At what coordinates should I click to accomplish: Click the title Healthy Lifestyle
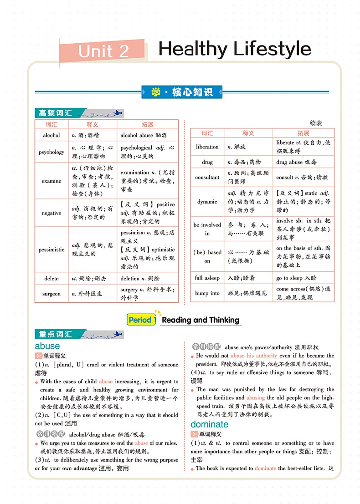pos(235,49)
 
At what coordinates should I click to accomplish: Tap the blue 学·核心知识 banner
pos(182,92)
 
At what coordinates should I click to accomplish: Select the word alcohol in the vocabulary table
pos(51,135)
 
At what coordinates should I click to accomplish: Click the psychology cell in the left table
pos(51,152)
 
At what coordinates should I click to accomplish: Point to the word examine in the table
pos(51,181)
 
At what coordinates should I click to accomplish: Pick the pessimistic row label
pos(51,249)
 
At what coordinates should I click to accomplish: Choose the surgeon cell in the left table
pos(51,294)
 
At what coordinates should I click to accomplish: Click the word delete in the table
pos(51,278)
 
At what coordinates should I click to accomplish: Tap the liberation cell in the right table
pos(207,147)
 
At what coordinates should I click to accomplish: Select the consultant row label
pos(207,177)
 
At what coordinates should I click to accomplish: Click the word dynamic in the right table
pos(207,202)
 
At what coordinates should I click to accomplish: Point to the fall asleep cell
pos(207,278)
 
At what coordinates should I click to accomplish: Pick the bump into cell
pos(207,293)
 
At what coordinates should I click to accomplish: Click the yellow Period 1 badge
pos(142,320)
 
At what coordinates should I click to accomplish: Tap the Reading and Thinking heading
pos(201,320)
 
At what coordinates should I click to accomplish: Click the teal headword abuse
pos(47,346)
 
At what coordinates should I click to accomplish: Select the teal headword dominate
pos(209,425)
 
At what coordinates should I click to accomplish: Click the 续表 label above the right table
pos(316,123)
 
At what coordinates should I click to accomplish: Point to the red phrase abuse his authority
pos(253,356)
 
